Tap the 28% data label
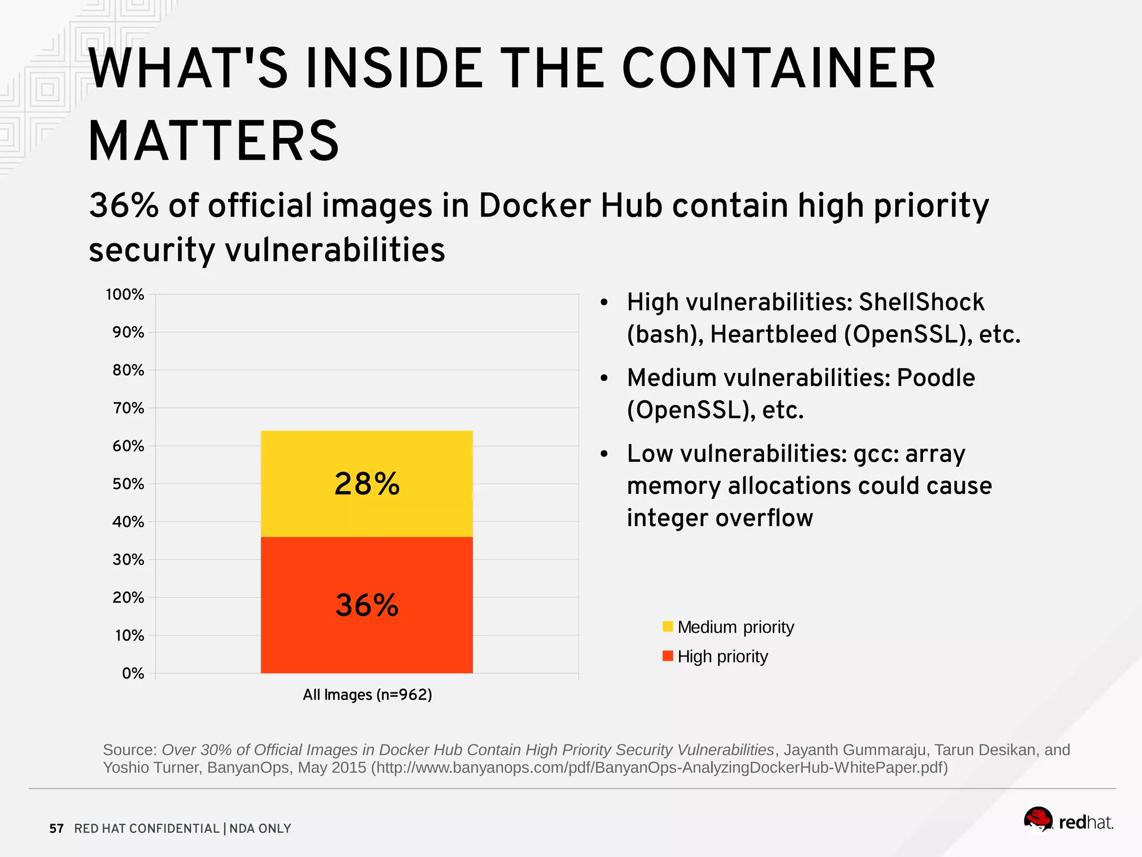coord(367,484)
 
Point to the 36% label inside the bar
coord(367,605)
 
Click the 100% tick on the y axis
coord(125,295)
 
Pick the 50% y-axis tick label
coord(128,484)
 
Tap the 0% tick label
coord(133,673)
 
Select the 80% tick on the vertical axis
coord(128,370)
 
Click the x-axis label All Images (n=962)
coord(367,695)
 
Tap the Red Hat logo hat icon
coord(1038,819)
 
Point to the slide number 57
coord(56,829)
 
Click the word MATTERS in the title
coord(214,141)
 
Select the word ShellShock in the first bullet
coord(921,302)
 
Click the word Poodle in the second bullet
coord(936,378)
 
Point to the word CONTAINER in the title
coord(778,69)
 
